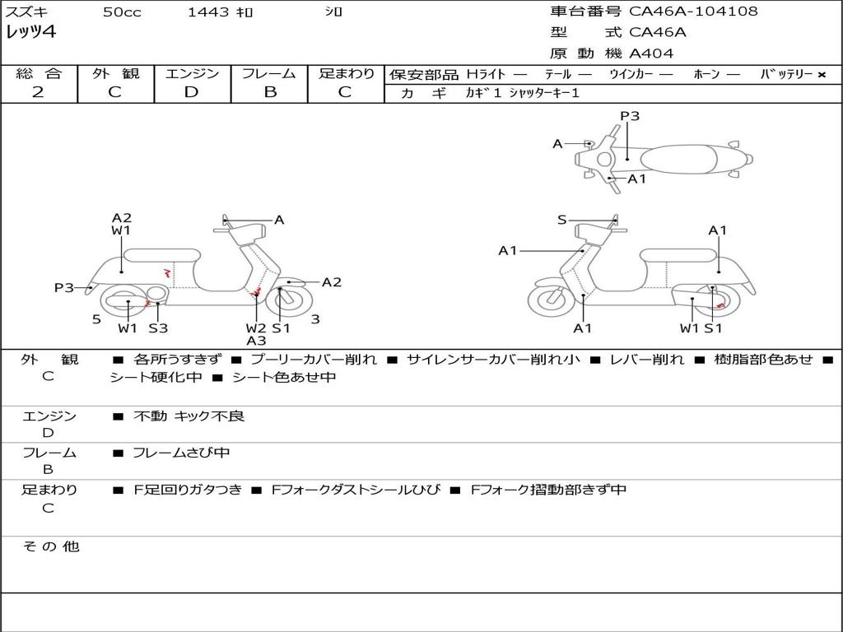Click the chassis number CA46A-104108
click(693, 12)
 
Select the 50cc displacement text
click(122, 12)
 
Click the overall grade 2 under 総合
click(38, 92)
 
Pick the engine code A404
click(651, 53)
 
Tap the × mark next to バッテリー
click(821, 75)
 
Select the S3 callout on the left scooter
click(158, 328)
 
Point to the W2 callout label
click(256, 328)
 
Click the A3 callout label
click(256, 341)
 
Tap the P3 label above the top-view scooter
click(630, 116)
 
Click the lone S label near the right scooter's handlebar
click(562, 220)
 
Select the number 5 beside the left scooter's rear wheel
click(96, 319)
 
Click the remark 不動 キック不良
click(189, 416)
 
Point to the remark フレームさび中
click(181, 453)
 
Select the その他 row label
click(50, 546)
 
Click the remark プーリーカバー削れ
click(313, 360)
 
